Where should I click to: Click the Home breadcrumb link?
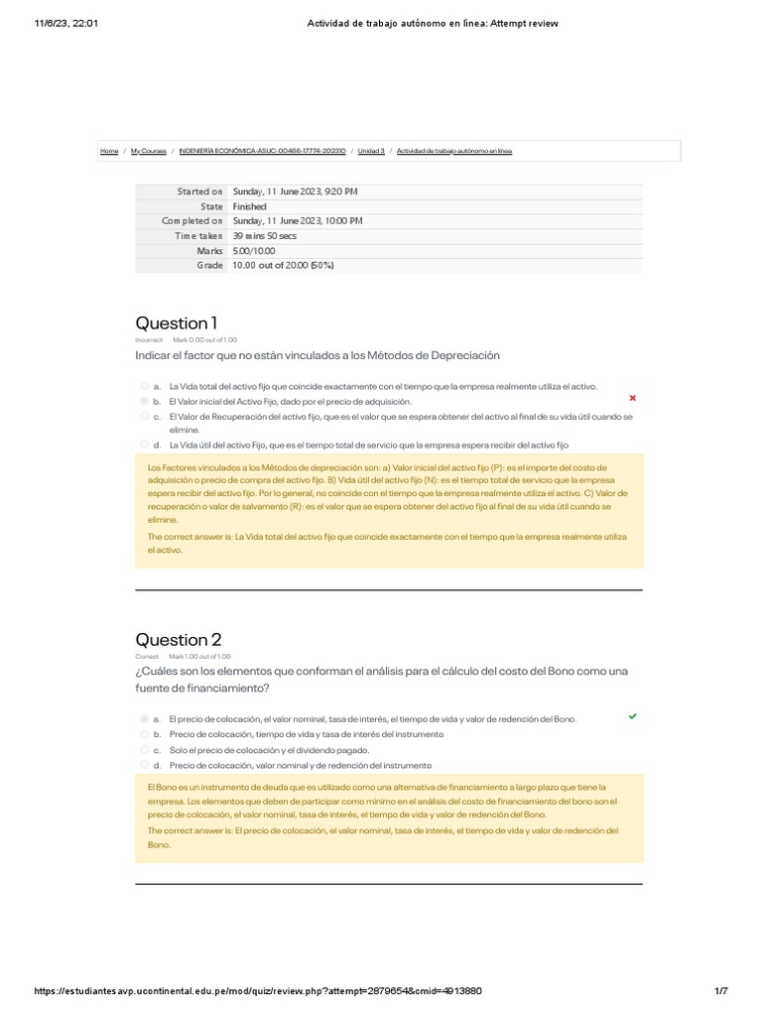pyautogui.click(x=109, y=151)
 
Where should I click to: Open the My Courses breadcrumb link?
pyautogui.click(x=148, y=151)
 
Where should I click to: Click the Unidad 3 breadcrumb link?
pyautogui.click(x=370, y=151)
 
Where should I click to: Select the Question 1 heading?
pyautogui.click(x=176, y=322)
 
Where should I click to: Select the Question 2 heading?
pyautogui.click(x=178, y=639)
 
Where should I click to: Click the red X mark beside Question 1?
pyautogui.click(x=633, y=398)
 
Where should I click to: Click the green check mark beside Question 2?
pyautogui.click(x=633, y=715)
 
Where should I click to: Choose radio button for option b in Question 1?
pyautogui.click(x=145, y=401)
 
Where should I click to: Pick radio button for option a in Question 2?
pyautogui.click(x=145, y=717)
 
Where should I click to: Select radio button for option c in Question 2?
pyautogui.click(x=145, y=749)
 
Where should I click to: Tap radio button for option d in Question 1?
pyautogui.click(x=145, y=444)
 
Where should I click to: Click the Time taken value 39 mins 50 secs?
pyautogui.click(x=265, y=236)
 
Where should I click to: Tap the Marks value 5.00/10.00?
pyautogui.click(x=254, y=251)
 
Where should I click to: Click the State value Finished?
pyautogui.click(x=249, y=206)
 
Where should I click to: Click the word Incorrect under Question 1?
pyautogui.click(x=149, y=339)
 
